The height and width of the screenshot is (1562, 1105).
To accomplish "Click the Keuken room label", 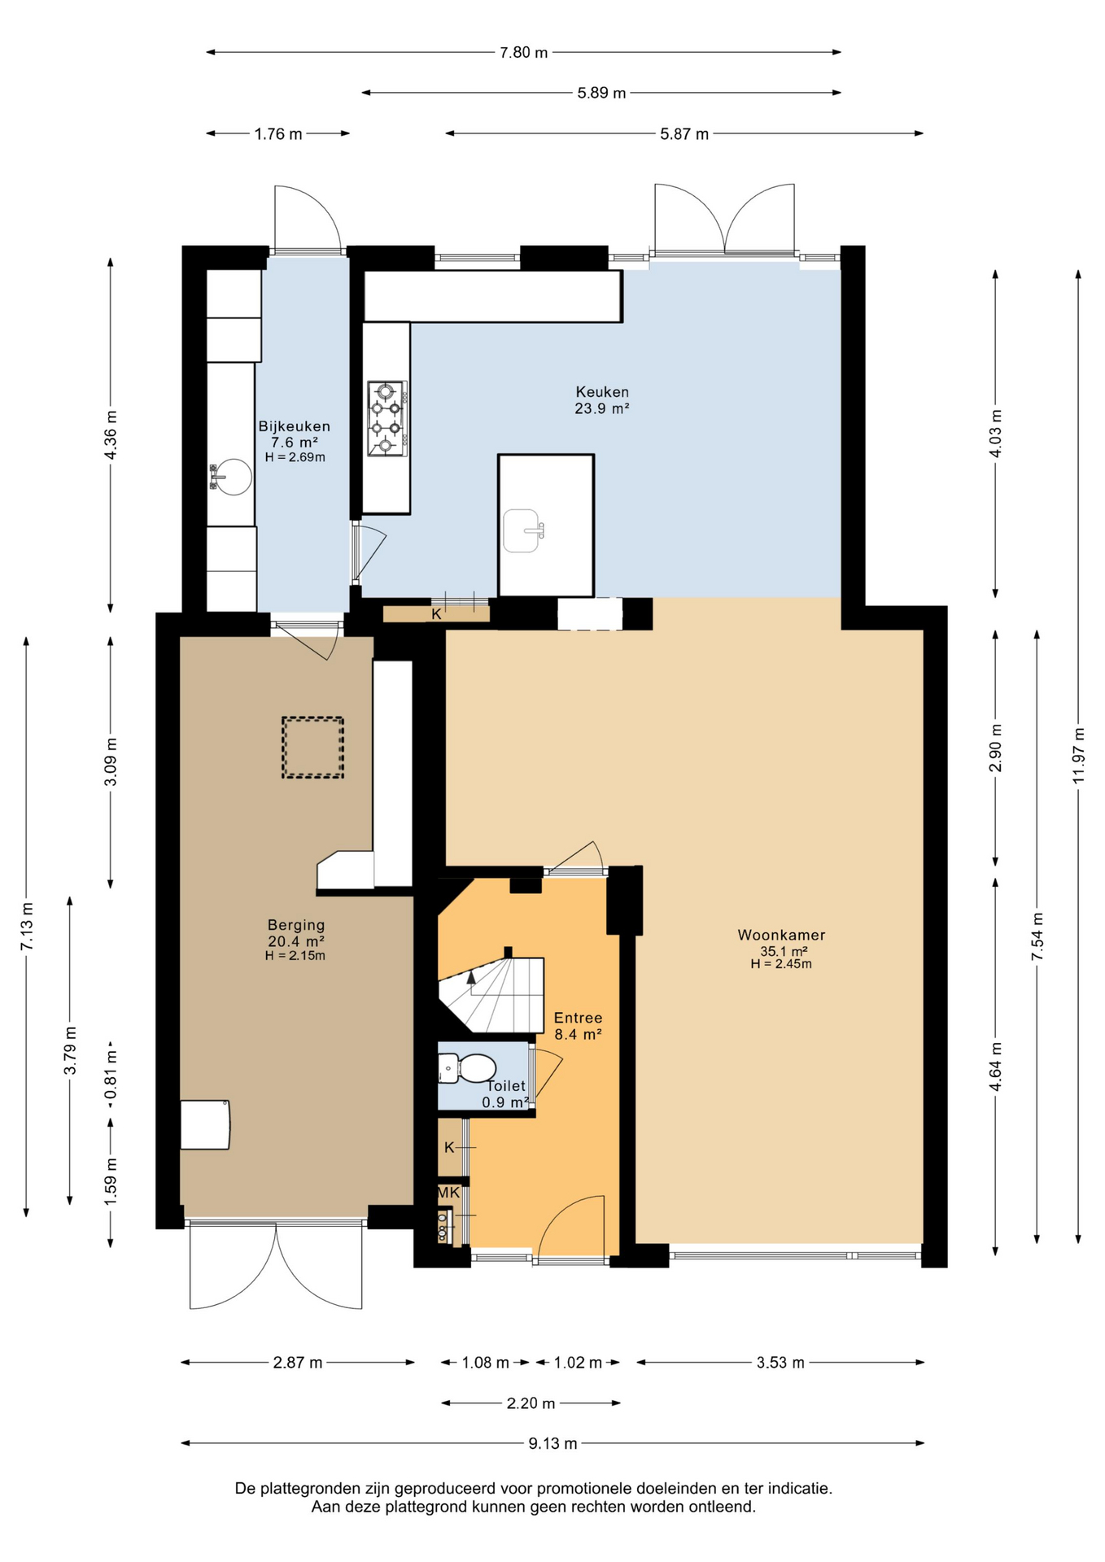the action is point(602,391).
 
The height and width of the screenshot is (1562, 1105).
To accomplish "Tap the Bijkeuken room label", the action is point(295,425).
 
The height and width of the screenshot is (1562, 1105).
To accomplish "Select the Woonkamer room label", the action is point(781,935).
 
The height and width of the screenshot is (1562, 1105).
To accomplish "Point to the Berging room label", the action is point(296,924).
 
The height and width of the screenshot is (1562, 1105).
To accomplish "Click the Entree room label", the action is point(578,1017).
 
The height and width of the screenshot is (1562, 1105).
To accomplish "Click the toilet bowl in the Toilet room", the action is point(468,1068).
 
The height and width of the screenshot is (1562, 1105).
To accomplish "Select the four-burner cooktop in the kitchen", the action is point(387,418).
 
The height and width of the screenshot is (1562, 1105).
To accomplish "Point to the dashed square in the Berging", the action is point(312,747).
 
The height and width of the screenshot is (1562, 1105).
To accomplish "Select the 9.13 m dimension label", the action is point(552,1443).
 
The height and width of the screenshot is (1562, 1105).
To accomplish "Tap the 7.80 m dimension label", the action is point(523,52).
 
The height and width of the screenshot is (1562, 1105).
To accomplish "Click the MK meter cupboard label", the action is point(449,1193).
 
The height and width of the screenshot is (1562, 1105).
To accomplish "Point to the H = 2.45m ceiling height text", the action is point(781,964).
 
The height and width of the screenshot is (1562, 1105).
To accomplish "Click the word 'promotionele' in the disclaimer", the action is point(584,1488).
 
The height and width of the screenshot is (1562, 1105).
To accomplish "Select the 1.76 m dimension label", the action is point(278,133).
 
